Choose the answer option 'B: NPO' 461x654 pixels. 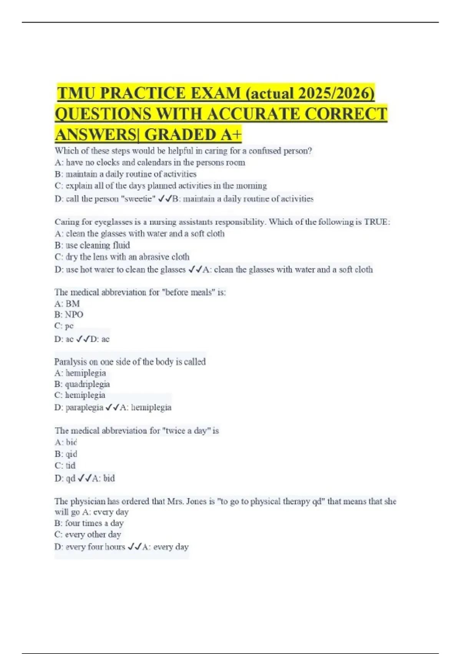click(x=69, y=315)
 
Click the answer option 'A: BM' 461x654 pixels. click(x=67, y=304)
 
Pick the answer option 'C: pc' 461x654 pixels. click(x=64, y=326)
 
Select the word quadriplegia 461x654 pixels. click(x=87, y=384)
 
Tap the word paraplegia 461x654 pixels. click(x=85, y=407)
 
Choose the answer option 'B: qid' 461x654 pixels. click(x=66, y=454)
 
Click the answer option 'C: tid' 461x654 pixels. click(x=65, y=465)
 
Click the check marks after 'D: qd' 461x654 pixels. click(x=84, y=478)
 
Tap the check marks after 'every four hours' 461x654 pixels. click(x=134, y=547)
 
